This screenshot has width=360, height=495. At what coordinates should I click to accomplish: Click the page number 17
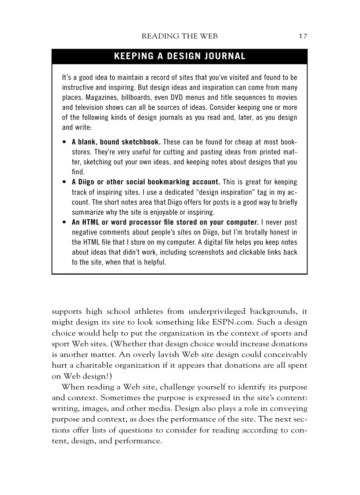pos(303,36)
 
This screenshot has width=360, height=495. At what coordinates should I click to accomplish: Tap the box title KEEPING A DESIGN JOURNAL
pos(180,56)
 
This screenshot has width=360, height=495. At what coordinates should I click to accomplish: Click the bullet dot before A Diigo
pos(64,182)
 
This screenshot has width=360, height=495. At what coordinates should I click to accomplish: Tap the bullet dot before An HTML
pos(64,222)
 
